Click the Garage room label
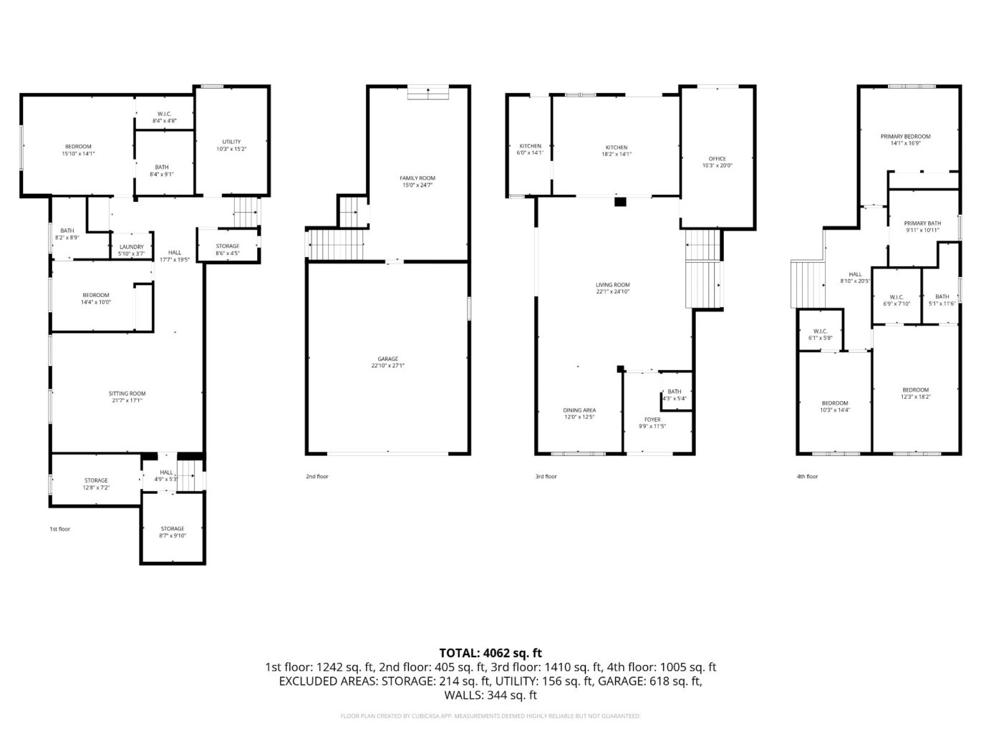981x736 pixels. click(x=387, y=362)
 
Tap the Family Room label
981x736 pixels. click(x=417, y=181)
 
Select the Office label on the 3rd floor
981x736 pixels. click(x=717, y=162)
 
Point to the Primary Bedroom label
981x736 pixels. click(x=905, y=140)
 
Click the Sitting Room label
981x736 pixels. click(x=127, y=397)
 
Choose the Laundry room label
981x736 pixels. click(x=132, y=250)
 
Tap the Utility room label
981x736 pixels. click(x=231, y=145)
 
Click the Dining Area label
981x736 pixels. click(x=579, y=413)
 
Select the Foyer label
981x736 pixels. click(x=652, y=422)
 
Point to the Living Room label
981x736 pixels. click(x=612, y=288)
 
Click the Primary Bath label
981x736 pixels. click(x=922, y=226)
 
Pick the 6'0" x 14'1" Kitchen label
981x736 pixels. click(x=530, y=149)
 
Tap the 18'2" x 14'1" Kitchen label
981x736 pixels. click(x=616, y=150)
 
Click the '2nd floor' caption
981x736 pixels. click(x=316, y=476)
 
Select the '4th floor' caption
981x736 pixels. click(x=807, y=476)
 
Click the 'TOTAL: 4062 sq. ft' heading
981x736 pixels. click(x=490, y=652)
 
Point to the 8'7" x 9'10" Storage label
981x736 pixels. click(x=172, y=532)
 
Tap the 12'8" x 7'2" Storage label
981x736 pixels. click(x=96, y=483)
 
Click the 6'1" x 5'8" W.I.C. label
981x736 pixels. click(x=820, y=334)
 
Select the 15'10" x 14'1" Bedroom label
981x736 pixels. click(x=78, y=150)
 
